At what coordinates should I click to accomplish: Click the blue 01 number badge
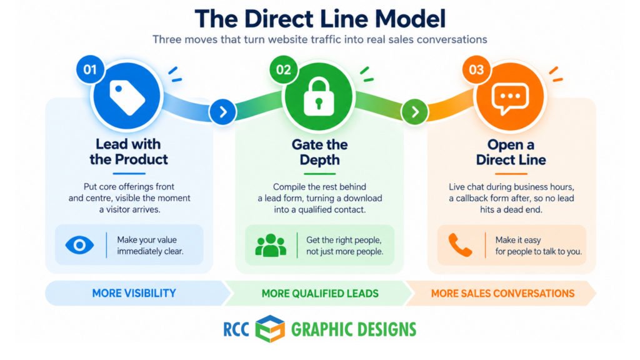(90, 69)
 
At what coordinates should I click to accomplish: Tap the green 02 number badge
(283, 69)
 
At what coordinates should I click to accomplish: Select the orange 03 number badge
(476, 69)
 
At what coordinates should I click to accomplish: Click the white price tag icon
(127, 97)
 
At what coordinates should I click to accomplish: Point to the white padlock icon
(319, 97)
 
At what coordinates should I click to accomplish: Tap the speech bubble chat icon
(510, 98)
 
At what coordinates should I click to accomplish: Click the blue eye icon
(79, 245)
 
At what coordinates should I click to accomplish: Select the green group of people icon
(271, 245)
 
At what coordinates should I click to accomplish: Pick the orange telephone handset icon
(460, 245)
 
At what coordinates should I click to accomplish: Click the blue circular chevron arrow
(223, 112)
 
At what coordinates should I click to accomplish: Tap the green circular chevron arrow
(415, 112)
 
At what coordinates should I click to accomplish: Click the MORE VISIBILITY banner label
(134, 293)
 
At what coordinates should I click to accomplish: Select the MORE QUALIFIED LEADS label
(320, 294)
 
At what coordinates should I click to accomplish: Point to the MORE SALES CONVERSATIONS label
(503, 294)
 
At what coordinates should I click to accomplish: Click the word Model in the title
(410, 19)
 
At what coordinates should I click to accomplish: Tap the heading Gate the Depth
(319, 152)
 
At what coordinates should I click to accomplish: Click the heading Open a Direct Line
(511, 152)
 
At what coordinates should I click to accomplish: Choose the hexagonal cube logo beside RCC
(270, 329)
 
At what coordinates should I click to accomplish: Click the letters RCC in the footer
(236, 329)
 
